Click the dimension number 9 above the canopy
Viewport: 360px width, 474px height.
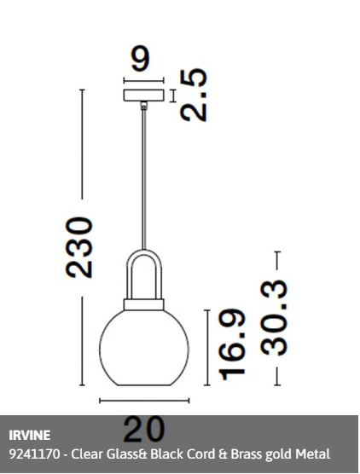click(141, 59)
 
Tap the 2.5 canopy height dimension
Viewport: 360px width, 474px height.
click(194, 95)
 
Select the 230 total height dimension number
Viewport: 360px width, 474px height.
click(79, 247)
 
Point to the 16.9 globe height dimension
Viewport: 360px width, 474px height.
click(232, 344)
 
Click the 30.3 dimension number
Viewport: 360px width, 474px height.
click(274, 318)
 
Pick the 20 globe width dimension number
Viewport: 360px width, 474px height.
click(144, 430)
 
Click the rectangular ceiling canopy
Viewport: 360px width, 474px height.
click(144, 95)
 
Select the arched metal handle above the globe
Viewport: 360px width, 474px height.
click(144, 251)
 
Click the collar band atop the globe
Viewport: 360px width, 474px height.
click(143, 304)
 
